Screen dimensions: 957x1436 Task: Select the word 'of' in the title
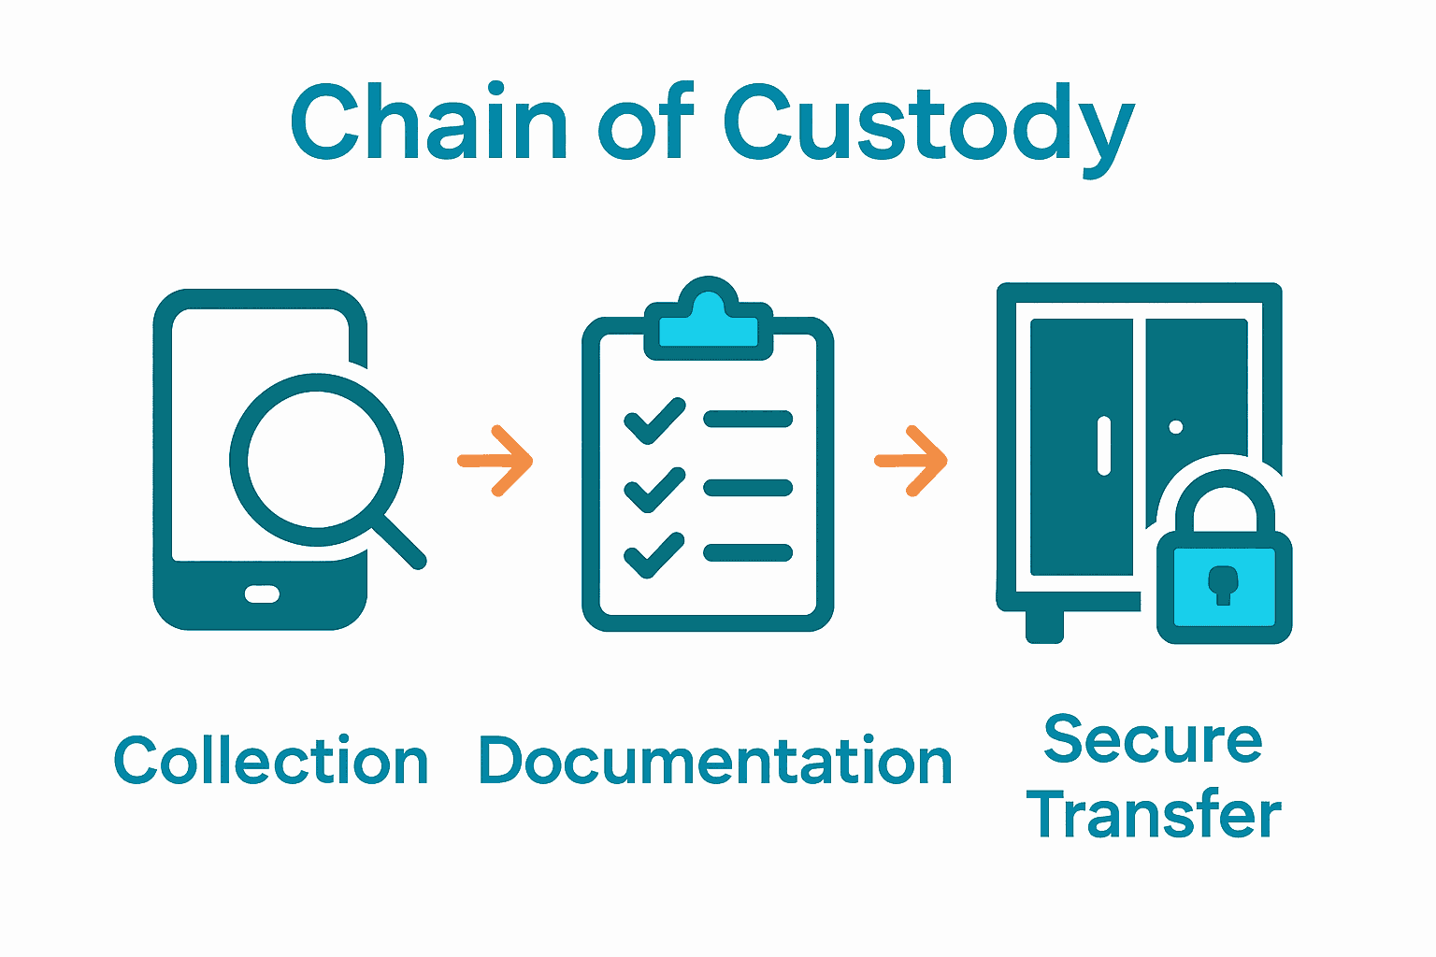pyautogui.click(x=645, y=121)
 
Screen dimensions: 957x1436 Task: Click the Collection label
pyautogui.click(x=271, y=761)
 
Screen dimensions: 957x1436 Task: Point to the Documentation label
pyautogui.click(x=715, y=761)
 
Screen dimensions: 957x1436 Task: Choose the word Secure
pyautogui.click(x=1153, y=740)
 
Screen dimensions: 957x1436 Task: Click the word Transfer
pyautogui.click(x=1155, y=814)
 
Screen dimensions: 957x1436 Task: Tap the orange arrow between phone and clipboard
pyautogui.click(x=495, y=461)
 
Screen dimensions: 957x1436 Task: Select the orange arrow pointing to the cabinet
pyautogui.click(x=912, y=461)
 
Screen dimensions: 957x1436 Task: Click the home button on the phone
pyautogui.click(x=262, y=593)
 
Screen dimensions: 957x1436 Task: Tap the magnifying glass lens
pyautogui.click(x=316, y=459)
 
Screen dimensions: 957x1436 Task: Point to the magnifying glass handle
pyautogui.click(x=400, y=542)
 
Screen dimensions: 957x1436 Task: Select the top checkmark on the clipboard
pyautogui.click(x=653, y=421)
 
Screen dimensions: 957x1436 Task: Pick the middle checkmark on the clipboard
pyautogui.click(x=653, y=489)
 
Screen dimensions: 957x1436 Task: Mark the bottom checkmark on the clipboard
pyautogui.click(x=653, y=555)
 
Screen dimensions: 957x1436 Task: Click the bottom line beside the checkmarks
pyautogui.click(x=748, y=553)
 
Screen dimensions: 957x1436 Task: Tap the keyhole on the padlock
pyautogui.click(x=1222, y=584)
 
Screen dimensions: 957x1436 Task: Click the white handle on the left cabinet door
pyautogui.click(x=1104, y=445)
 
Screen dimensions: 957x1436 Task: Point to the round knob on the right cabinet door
pyautogui.click(x=1176, y=427)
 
